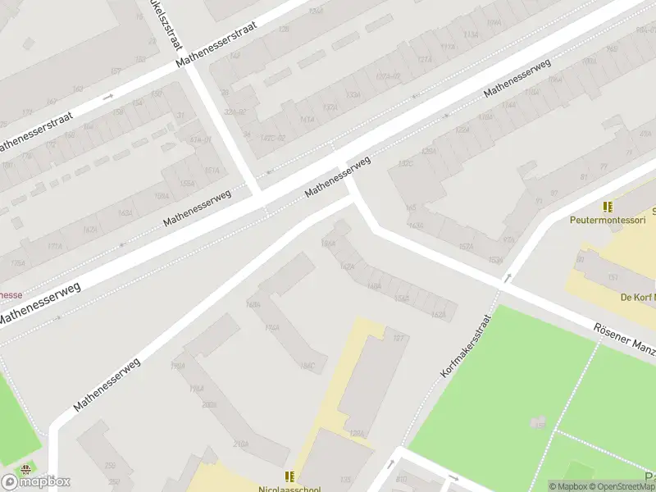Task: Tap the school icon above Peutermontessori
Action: tap(608, 207)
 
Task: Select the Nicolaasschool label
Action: tap(289, 489)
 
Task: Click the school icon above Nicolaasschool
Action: tap(289, 476)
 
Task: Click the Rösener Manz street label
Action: tap(625, 339)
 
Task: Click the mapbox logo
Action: tap(36, 481)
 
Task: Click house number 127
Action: tap(399, 338)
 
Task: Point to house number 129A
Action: tap(357, 434)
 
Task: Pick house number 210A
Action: tap(241, 444)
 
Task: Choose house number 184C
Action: tap(307, 366)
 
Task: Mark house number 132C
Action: tap(404, 164)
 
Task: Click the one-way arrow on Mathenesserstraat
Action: tap(108, 97)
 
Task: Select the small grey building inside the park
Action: tap(537, 421)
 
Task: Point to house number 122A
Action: tap(462, 130)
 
